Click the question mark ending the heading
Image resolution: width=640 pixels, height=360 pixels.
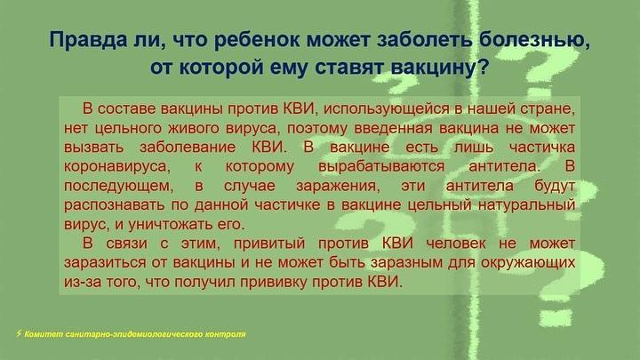(482, 66)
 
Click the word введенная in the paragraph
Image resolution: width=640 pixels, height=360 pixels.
(393, 128)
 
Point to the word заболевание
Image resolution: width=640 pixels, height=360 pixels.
(188, 147)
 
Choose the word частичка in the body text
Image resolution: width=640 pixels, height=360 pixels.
(542, 147)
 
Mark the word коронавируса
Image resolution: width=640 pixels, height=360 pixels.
(116, 166)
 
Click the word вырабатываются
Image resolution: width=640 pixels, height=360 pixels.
(381, 166)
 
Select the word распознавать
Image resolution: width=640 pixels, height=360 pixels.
(115, 205)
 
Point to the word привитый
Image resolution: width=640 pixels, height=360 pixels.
(269, 244)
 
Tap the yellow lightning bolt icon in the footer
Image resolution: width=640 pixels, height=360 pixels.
(19, 333)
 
